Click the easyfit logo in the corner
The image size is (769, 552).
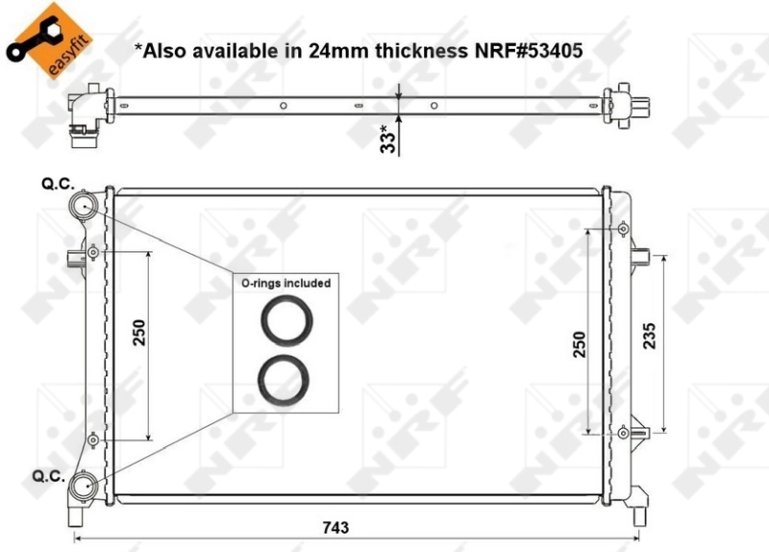40,38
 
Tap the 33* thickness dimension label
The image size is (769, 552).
388,138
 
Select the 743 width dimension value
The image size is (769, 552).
335,528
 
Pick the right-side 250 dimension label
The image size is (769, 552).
580,343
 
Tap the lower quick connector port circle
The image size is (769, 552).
84,486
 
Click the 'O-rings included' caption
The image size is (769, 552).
285,283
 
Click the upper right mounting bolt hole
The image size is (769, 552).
623,229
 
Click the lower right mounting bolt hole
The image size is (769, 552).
623,433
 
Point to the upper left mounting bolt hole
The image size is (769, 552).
92,252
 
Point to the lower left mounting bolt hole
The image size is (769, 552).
92,440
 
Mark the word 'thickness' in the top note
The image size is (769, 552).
408,49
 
